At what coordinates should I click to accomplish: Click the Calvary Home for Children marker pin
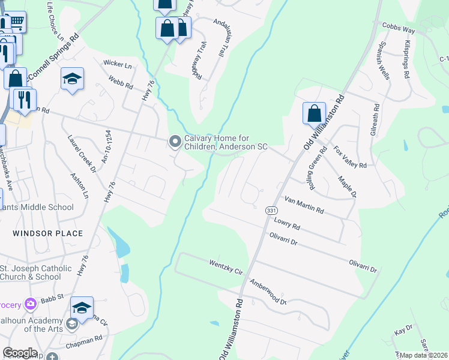pos(175,142)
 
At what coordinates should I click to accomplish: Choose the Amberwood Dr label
pos(268,292)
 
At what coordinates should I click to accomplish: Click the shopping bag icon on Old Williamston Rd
pos(314,113)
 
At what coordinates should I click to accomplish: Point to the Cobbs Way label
pos(399,28)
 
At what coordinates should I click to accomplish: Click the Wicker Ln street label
pos(118,64)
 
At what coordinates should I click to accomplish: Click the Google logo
pos(20,353)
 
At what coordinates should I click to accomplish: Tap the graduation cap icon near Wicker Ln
pos(72,79)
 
